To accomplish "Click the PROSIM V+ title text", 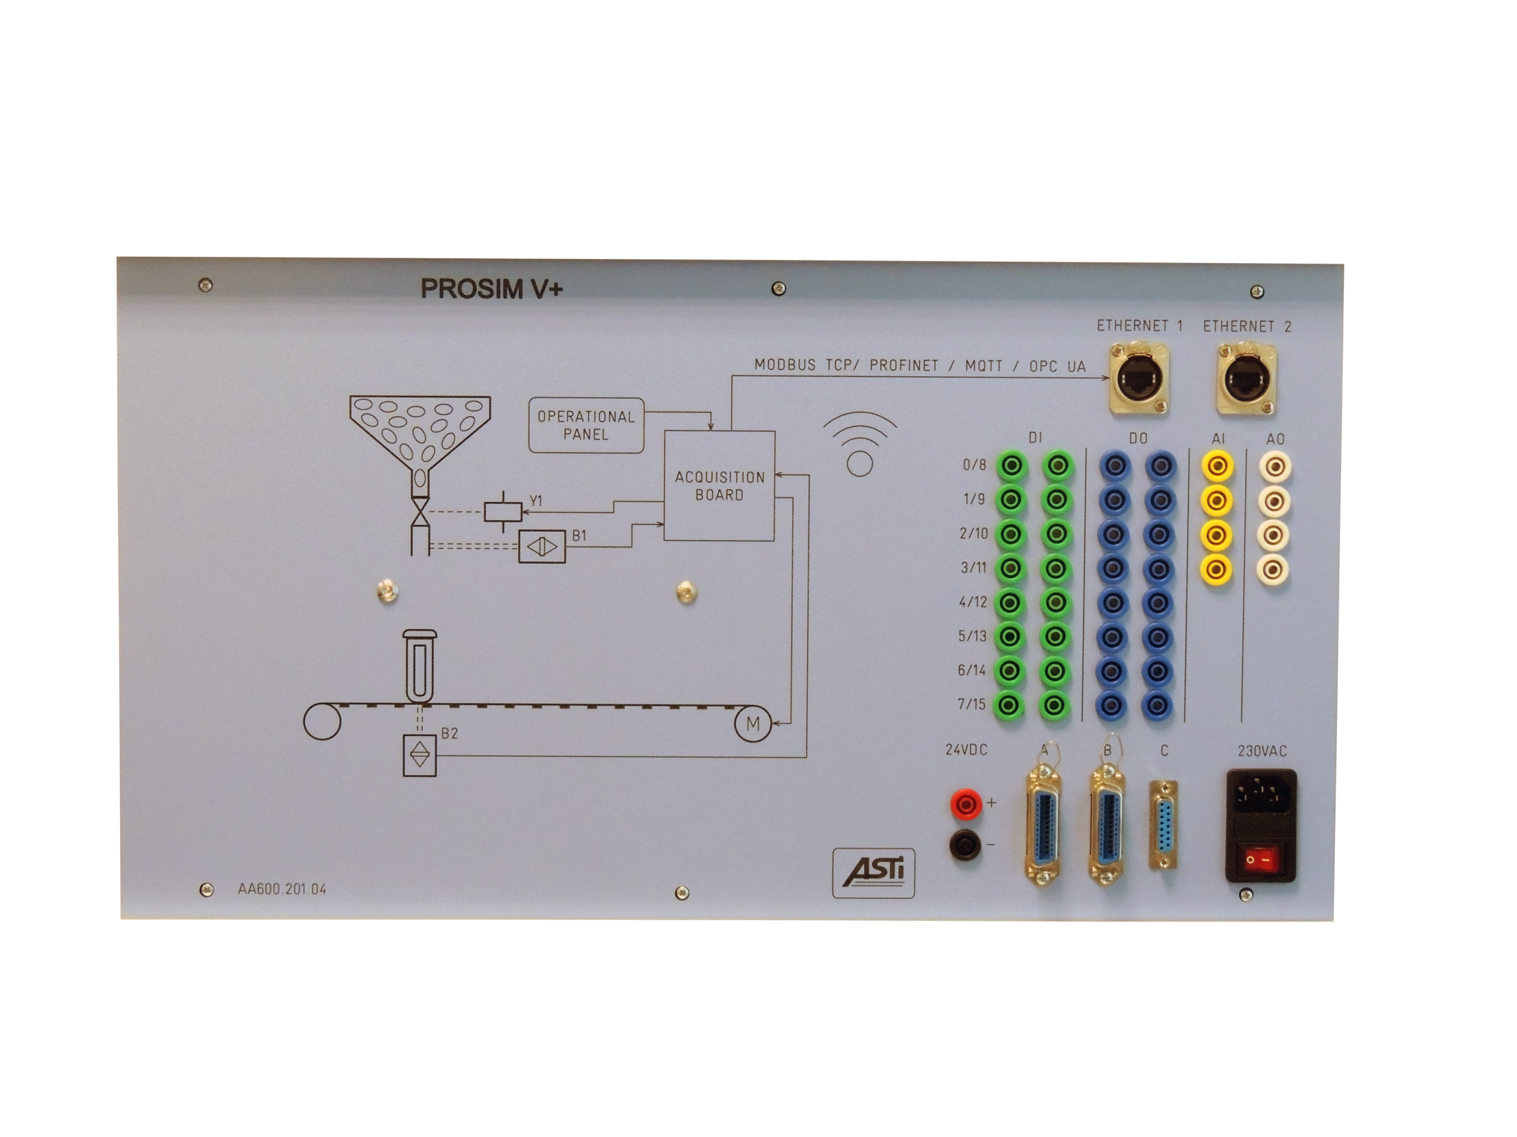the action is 491,288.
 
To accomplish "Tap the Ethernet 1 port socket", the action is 1139,379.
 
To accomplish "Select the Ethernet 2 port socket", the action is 1246,380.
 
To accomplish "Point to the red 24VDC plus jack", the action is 966,803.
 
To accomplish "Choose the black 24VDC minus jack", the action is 965,844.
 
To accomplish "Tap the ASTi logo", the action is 873,872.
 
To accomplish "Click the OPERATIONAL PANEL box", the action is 587,425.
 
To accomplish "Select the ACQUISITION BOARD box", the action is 719,486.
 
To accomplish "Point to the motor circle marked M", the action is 753,724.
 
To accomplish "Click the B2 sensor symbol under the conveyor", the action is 420,755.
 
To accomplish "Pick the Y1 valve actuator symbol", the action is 503,511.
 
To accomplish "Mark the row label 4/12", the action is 973,602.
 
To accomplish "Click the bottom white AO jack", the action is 1273,569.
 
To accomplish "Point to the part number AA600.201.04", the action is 282,889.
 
